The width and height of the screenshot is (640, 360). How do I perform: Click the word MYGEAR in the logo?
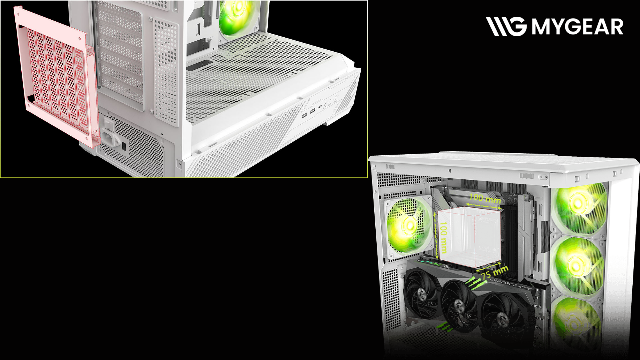pos(577,26)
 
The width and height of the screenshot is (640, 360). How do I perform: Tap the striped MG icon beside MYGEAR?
pos(506,26)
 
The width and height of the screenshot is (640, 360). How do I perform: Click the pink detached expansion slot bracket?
pos(57,77)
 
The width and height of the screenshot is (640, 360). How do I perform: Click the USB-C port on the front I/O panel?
pos(320,107)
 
